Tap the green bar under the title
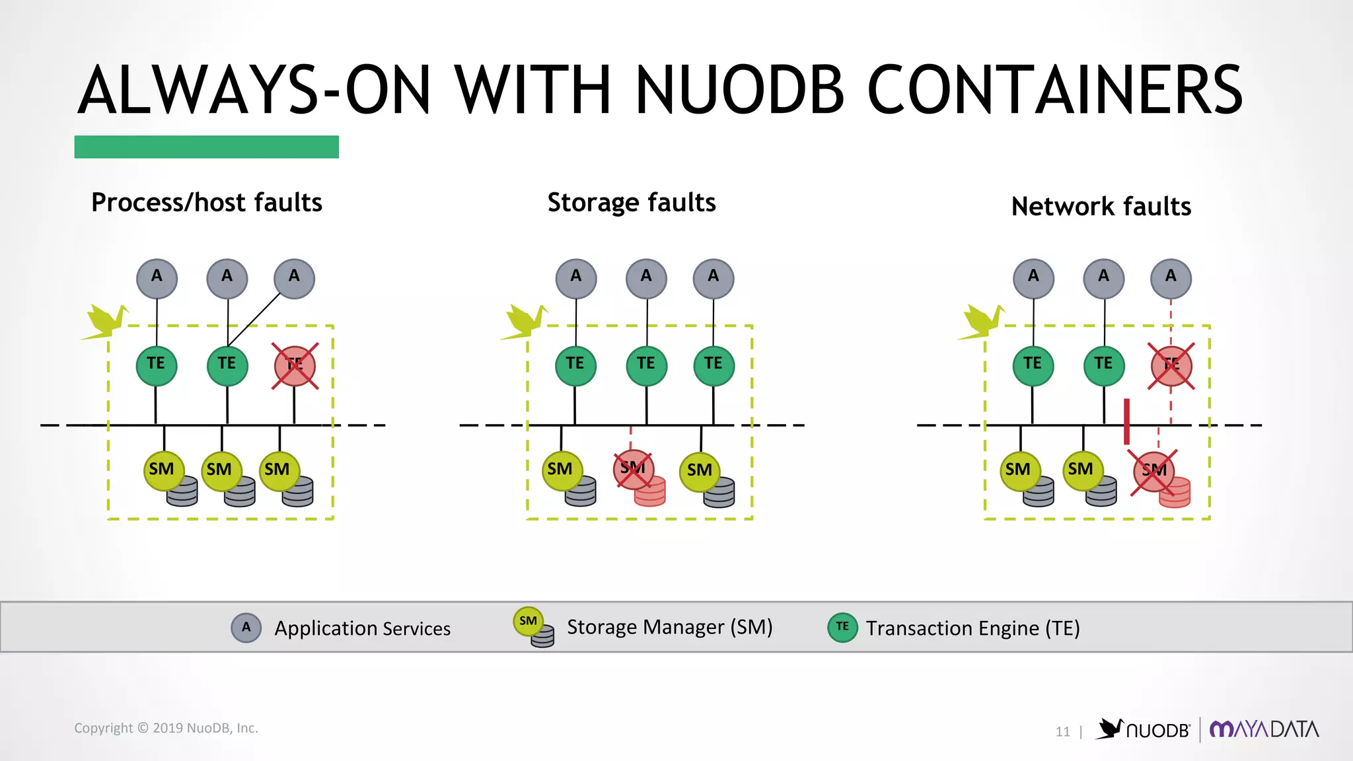point(206,147)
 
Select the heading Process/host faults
point(206,202)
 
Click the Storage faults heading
point(631,202)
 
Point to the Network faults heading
point(1101,206)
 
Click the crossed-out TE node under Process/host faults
point(295,366)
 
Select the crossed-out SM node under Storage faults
point(633,470)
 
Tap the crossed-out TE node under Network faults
point(1171,366)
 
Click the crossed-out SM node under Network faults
point(1153,471)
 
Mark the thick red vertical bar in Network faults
point(1126,421)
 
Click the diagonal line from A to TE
point(254,320)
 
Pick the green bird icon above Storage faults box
point(525,322)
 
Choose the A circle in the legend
point(246,628)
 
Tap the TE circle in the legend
point(842,627)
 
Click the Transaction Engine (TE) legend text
point(972,628)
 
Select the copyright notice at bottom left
point(166,728)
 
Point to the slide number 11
point(1062,731)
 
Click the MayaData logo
point(1263,729)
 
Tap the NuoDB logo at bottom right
point(1144,729)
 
